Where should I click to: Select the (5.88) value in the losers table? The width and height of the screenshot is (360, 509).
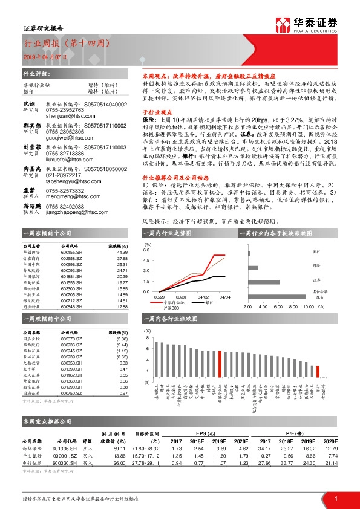122,339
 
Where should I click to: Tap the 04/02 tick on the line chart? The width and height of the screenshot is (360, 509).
202,297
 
